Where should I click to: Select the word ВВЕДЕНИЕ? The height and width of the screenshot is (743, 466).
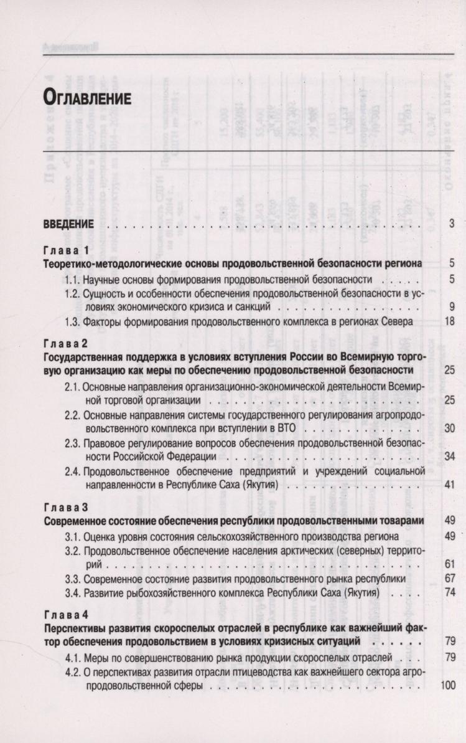point(68,224)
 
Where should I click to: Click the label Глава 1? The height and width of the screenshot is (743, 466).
point(66,251)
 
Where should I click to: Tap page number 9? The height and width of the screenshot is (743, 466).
point(452,306)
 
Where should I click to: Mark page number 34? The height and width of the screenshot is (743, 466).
point(450,457)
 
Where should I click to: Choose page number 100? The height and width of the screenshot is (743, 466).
point(448,684)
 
